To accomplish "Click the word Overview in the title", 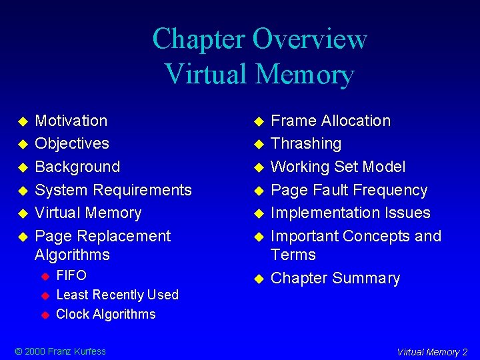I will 309,39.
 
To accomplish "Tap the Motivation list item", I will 71,121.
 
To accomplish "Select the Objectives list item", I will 72,143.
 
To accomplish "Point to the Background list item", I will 77,167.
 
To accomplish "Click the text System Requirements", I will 113,190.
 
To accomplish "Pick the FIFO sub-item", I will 71,275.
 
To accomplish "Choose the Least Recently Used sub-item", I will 117,295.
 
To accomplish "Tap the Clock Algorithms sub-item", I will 106,314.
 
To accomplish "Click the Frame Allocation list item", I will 331,121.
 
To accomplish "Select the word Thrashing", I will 306,143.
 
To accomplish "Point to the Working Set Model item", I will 338,167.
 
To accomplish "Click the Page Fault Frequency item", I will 349,190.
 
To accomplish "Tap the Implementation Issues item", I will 351,213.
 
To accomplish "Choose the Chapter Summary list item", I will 335,278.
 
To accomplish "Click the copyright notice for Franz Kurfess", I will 61,351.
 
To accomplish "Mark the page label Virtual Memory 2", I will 432,352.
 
